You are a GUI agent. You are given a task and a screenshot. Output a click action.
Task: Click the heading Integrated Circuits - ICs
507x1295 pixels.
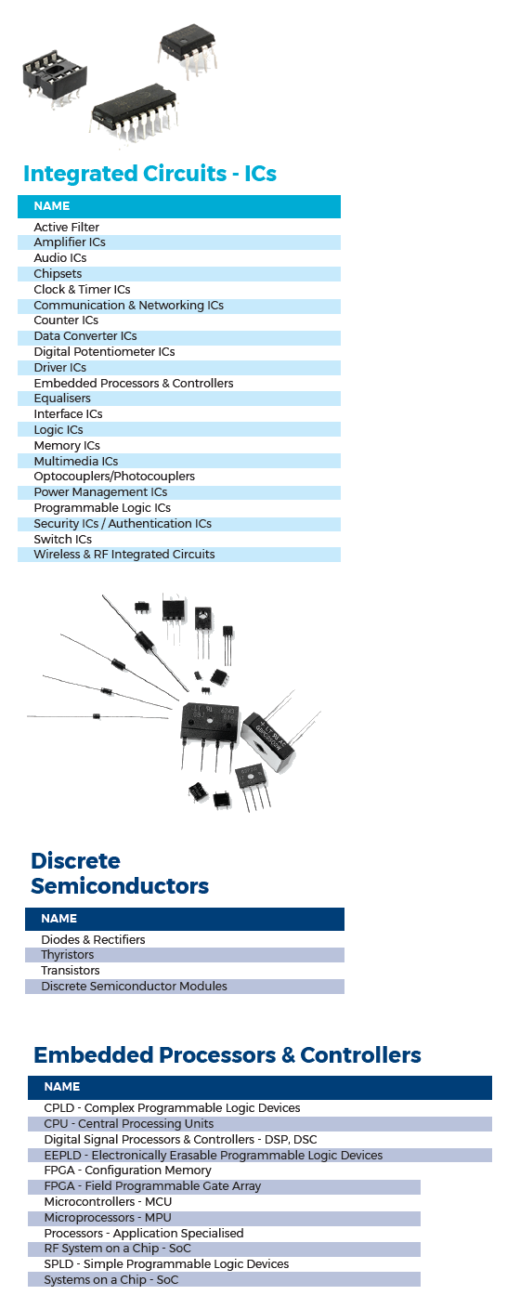coord(149,174)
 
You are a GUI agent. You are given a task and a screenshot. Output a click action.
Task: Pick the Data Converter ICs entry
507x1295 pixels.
coord(85,336)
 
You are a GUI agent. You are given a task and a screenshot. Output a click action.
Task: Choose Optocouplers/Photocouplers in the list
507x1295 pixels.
coord(114,477)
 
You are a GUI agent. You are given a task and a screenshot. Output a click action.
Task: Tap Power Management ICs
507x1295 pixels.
coord(100,492)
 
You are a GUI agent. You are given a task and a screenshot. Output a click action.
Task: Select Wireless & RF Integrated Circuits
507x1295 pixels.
coord(124,555)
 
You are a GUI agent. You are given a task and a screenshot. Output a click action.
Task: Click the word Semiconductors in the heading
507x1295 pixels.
coord(120,886)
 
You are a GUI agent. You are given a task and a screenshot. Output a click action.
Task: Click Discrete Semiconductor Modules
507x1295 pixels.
coord(134,986)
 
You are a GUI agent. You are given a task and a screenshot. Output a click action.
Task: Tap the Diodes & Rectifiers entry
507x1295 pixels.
coord(93,939)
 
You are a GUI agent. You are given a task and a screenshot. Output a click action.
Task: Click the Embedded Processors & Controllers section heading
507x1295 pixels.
coord(227,1055)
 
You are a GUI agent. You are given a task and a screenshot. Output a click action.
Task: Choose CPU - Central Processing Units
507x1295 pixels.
coord(129,1123)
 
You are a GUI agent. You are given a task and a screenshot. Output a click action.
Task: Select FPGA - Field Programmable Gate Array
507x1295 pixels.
coord(152,1185)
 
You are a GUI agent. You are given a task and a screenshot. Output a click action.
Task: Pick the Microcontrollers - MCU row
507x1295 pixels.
coord(108,1201)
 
